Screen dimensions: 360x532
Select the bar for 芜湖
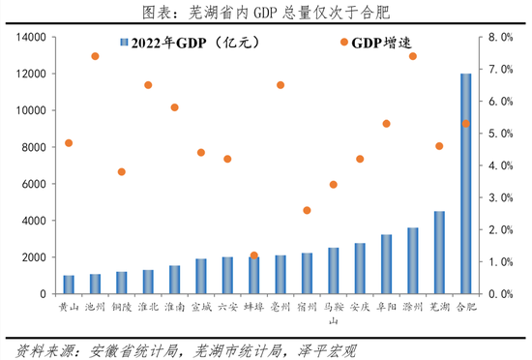[x=439, y=253]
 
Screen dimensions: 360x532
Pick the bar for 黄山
[x=69, y=285]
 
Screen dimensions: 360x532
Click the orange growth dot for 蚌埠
[x=254, y=255]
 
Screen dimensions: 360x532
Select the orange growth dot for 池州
[x=95, y=56]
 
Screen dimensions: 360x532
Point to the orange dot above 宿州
[x=307, y=210]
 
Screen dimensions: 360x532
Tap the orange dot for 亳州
[x=281, y=85]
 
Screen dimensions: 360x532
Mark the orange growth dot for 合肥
[x=465, y=124]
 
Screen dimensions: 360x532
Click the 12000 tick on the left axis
[x=33, y=74]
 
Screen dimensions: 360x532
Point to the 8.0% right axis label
[x=500, y=37]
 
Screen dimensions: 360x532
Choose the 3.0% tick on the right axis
[x=500, y=197]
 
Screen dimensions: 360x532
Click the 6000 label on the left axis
[x=36, y=184]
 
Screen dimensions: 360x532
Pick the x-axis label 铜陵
[x=121, y=306]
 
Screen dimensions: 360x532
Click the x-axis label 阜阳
[x=386, y=306]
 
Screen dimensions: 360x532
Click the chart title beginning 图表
[x=266, y=12]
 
